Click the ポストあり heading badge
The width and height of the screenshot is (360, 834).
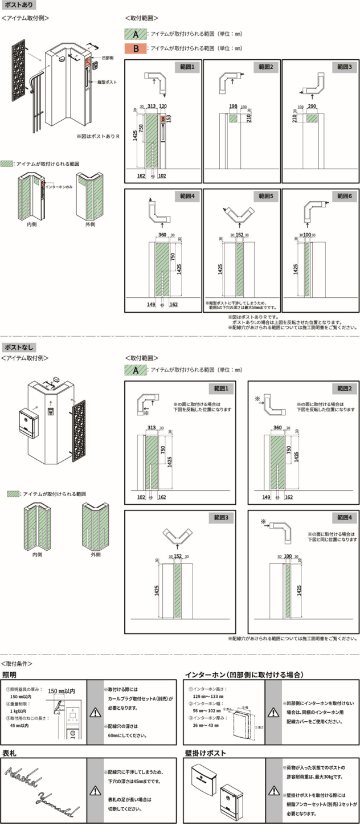tap(19, 6)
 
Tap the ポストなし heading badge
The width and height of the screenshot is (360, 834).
tap(19, 347)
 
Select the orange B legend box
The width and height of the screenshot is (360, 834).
tap(136, 48)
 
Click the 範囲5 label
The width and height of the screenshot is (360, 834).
tap(265, 195)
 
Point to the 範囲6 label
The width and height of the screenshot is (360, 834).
tap(345, 195)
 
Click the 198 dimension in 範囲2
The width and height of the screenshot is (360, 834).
tap(233, 107)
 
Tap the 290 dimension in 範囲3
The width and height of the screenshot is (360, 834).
tap(312, 107)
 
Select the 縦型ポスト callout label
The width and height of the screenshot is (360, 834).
tap(108, 83)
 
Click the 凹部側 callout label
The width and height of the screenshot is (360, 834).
tap(107, 58)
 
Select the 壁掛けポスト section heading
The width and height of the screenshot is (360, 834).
tap(205, 753)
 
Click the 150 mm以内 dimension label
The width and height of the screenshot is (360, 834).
tap(63, 691)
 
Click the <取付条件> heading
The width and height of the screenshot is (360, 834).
tap(17, 663)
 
